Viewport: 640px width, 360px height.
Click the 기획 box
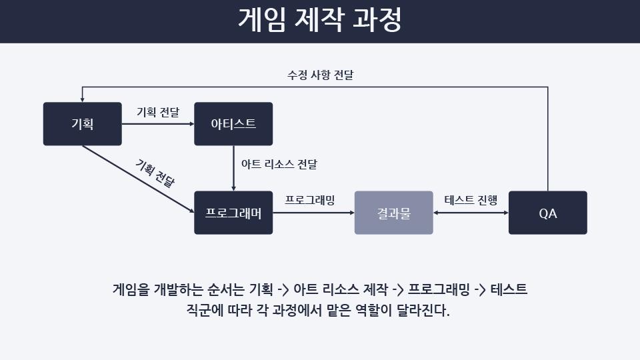pyautogui.click(x=83, y=124)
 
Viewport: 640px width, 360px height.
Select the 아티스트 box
pyautogui.click(x=233, y=124)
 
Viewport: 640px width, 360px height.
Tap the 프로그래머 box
pyautogui.click(x=233, y=213)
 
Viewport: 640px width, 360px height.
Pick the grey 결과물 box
pyautogui.click(x=394, y=213)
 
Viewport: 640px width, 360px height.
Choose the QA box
pyautogui.click(x=548, y=213)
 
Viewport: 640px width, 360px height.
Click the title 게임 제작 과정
pyautogui.click(x=320, y=19)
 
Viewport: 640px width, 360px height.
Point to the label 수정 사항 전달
pyautogui.click(x=321, y=75)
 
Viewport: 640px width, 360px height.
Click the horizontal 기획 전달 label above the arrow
pyautogui.click(x=158, y=112)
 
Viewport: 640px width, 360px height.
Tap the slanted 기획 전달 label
pyautogui.click(x=155, y=173)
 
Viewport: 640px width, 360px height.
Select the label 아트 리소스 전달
pyautogui.click(x=279, y=164)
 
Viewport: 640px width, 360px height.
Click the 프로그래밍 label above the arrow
pyautogui.click(x=310, y=200)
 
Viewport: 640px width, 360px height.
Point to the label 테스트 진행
pyautogui.click(x=471, y=200)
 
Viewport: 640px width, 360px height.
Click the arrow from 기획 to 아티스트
pyautogui.click(x=158, y=124)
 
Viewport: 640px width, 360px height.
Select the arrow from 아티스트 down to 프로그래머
pyautogui.click(x=233, y=168)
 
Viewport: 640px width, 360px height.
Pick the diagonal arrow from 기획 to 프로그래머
pyautogui.click(x=139, y=179)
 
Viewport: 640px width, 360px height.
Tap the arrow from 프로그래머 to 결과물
pyautogui.click(x=313, y=213)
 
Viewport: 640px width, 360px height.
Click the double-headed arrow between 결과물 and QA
pyautogui.click(x=471, y=213)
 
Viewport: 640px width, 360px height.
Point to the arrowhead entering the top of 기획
pyautogui.click(x=83, y=99)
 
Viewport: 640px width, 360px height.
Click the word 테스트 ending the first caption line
pyautogui.click(x=509, y=289)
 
